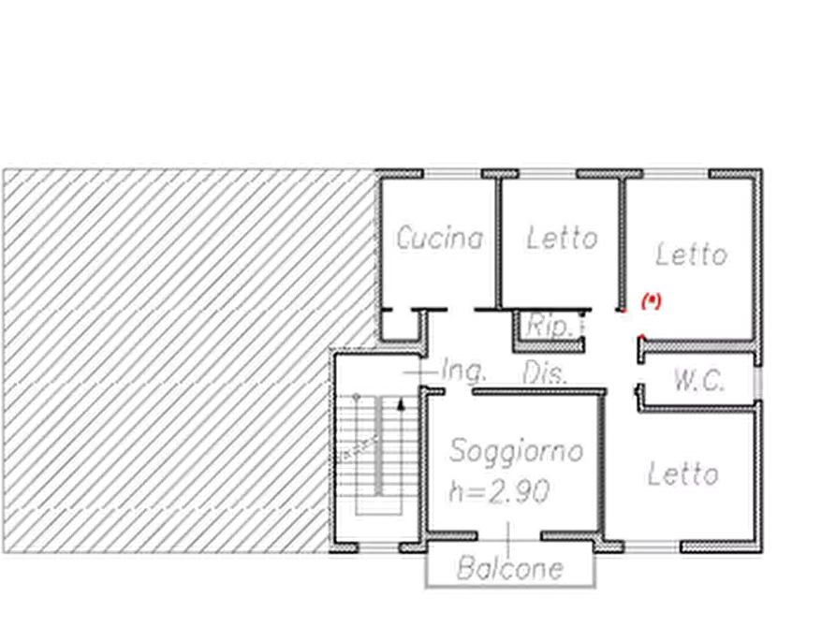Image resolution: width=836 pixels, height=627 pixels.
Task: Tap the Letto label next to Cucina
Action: point(562,239)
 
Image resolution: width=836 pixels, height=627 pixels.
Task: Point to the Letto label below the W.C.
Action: point(684,474)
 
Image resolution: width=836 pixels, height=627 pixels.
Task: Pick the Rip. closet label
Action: point(550,327)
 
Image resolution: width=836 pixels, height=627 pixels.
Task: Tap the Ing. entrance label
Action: point(464,371)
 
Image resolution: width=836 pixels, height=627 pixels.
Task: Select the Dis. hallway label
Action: point(545,372)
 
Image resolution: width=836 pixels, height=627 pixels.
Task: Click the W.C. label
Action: point(698,381)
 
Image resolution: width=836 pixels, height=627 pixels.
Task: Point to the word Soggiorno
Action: point(517,450)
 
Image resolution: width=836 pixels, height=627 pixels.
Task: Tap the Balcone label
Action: point(510,568)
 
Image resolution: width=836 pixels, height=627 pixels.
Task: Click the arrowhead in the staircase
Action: point(402,405)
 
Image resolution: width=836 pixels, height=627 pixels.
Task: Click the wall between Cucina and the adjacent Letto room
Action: point(496,243)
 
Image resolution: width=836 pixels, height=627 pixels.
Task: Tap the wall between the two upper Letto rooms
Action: point(621,243)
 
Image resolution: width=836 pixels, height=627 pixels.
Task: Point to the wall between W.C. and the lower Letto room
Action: point(697,403)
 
